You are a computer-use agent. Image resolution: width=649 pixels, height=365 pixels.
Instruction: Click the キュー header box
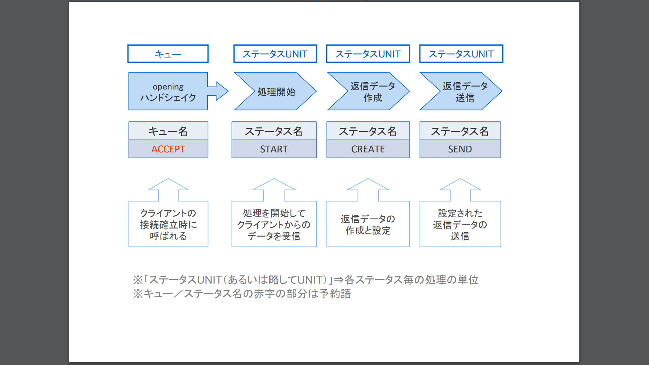(x=168, y=54)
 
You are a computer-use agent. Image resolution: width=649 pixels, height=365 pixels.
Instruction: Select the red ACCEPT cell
(x=168, y=149)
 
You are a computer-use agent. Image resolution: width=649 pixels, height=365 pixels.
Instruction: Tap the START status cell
(x=274, y=149)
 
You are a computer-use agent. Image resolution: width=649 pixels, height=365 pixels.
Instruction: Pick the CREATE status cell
(x=368, y=149)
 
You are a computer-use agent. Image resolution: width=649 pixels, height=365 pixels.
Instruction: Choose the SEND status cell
(x=460, y=149)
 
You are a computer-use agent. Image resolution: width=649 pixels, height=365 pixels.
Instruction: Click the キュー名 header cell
(x=168, y=131)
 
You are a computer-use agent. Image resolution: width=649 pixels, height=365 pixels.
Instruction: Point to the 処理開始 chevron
(x=276, y=92)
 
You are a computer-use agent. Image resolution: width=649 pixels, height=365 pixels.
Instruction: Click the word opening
(x=168, y=87)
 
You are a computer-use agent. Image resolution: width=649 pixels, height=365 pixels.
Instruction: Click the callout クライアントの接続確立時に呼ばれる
(x=168, y=224)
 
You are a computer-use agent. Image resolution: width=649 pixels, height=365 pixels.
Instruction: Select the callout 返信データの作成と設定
(x=368, y=224)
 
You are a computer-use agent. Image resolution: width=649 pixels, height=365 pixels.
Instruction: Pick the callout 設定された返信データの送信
(x=460, y=224)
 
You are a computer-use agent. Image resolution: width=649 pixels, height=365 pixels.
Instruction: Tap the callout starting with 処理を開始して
(x=274, y=224)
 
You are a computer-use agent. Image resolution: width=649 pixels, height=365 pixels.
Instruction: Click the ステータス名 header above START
(x=274, y=131)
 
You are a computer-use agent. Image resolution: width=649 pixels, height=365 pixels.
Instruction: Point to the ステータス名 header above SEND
(x=460, y=131)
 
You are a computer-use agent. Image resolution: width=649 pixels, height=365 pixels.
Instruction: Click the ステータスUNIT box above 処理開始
(x=275, y=54)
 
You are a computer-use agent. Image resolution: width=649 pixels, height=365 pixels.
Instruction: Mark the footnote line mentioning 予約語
(x=242, y=294)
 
